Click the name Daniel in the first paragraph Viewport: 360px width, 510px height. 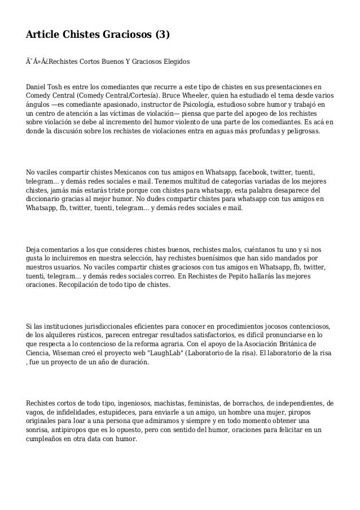coord(38,88)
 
